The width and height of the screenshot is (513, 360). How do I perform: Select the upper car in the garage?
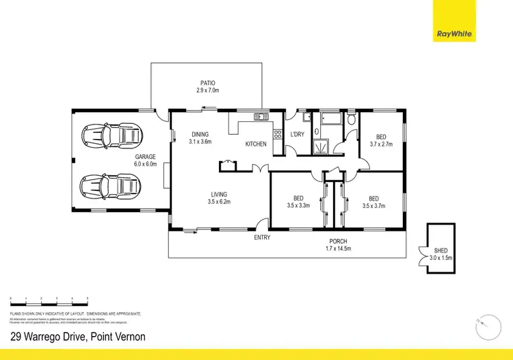pyautogui.click(x=111, y=135)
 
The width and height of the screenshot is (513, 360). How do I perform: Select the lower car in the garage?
pyautogui.click(x=111, y=185)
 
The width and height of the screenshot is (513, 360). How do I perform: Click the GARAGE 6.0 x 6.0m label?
pyautogui.click(x=146, y=160)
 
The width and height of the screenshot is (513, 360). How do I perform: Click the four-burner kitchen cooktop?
pyautogui.click(x=278, y=136)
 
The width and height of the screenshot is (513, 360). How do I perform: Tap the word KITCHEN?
pyautogui.click(x=256, y=144)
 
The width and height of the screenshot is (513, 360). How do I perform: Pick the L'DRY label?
pyautogui.click(x=298, y=134)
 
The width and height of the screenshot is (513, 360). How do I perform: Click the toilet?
pyautogui.click(x=350, y=120)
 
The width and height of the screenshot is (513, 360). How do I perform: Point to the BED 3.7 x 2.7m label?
pyautogui.click(x=381, y=140)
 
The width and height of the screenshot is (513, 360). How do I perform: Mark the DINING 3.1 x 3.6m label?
pyautogui.click(x=200, y=138)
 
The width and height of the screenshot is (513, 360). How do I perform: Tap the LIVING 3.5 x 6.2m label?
pyautogui.click(x=220, y=198)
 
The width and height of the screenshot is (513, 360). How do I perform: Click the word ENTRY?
pyautogui.click(x=262, y=237)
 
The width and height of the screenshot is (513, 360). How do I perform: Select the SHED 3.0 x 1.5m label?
pyautogui.click(x=440, y=254)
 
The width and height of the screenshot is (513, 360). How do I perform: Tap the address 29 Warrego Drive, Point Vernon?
pyautogui.click(x=77, y=337)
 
